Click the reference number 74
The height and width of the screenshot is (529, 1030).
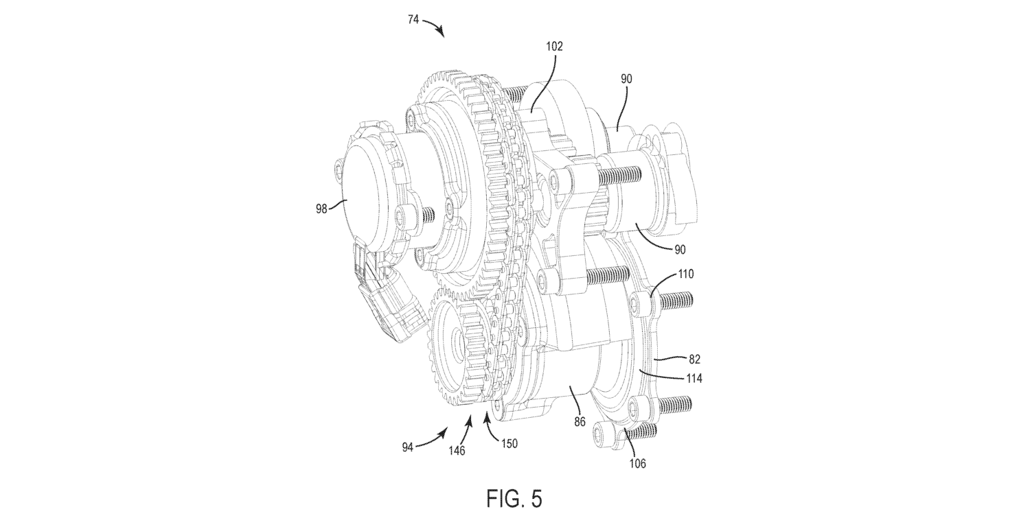click(x=413, y=20)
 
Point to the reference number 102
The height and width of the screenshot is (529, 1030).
click(x=554, y=47)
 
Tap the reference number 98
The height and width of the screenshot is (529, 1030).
click(x=321, y=209)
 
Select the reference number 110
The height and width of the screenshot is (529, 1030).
click(x=685, y=274)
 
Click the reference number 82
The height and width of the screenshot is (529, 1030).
click(x=694, y=360)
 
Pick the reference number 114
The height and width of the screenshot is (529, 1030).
click(x=694, y=379)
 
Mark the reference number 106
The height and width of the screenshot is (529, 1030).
click(x=637, y=464)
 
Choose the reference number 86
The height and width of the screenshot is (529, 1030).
click(x=580, y=421)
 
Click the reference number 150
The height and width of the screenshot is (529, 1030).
click(x=509, y=443)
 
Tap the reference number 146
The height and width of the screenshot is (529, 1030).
click(x=457, y=451)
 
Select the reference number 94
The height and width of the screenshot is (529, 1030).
click(x=408, y=447)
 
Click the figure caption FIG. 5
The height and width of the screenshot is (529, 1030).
click(x=514, y=499)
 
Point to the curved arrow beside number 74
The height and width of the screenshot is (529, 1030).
click(x=435, y=25)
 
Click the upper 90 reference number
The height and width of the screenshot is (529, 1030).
click(x=626, y=79)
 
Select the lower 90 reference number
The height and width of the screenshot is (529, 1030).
click(x=680, y=250)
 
